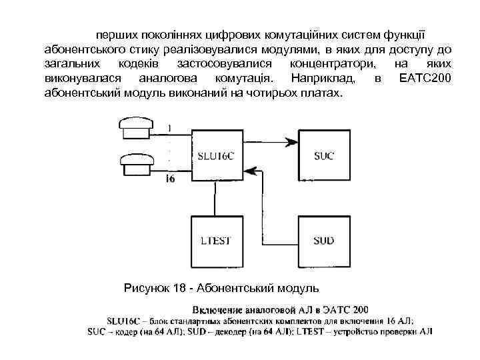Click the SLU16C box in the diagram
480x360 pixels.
[x=216, y=155]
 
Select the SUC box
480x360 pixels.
[x=324, y=155]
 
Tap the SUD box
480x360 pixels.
[x=324, y=240]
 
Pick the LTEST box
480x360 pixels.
[x=216, y=240]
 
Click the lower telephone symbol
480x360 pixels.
[x=135, y=163]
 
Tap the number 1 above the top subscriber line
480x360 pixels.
[x=169, y=127]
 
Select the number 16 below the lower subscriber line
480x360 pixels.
[x=170, y=179]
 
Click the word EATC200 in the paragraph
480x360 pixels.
[x=425, y=79]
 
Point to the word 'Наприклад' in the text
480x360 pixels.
[x=313, y=79]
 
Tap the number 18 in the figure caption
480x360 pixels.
[x=179, y=288]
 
